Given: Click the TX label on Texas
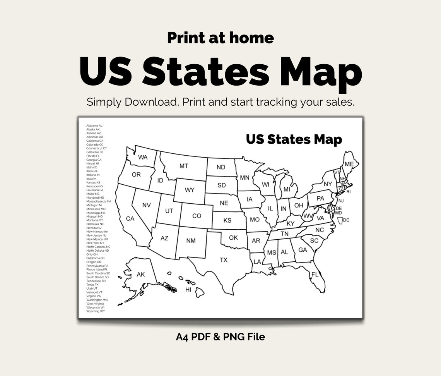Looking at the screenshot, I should (224, 260).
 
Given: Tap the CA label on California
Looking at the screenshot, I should (130, 219).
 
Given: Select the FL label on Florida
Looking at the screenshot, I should (315, 275).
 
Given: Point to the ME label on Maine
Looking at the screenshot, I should (349, 164).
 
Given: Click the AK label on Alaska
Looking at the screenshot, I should (141, 275).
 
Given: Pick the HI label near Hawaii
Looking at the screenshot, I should (188, 289).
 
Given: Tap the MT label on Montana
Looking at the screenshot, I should (184, 166).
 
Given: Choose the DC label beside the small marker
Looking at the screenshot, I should (346, 220).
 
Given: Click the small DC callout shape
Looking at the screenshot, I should (340, 220).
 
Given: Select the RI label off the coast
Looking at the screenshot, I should (348, 191).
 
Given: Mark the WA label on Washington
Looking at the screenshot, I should (143, 157).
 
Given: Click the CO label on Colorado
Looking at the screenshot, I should (197, 216).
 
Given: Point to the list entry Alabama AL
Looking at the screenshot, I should (94, 126).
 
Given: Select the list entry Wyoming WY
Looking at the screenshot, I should (95, 311).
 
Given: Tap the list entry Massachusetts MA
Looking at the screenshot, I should (99, 201).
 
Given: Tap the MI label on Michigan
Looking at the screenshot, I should (287, 189).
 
